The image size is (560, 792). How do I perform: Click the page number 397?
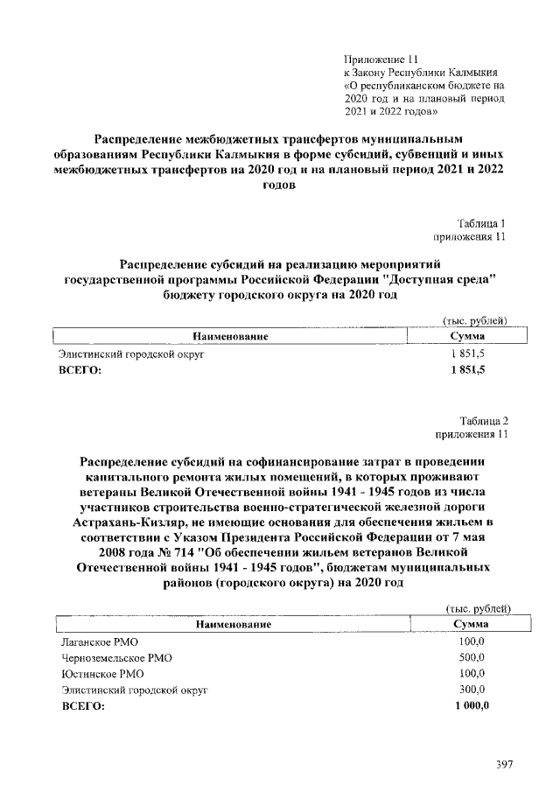[x=503, y=764]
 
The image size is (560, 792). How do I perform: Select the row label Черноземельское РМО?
[x=110, y=657]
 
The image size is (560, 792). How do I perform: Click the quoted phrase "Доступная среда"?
[x=442, y=279]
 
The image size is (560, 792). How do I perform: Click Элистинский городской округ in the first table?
[x=130, y=355]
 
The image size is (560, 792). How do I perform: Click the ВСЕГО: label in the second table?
[x=81, y=706]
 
